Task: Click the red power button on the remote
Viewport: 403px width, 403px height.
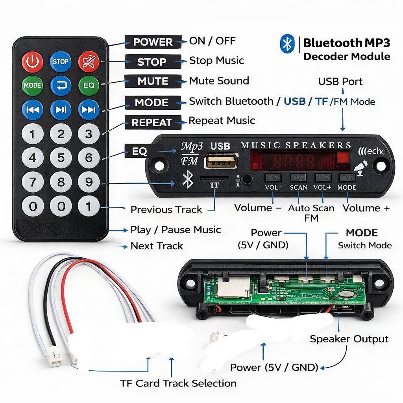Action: [x=32, y=62]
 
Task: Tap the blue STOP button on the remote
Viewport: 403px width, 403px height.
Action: [x=61, y=62]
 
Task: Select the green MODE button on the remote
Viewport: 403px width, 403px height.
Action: [x=32, y=85]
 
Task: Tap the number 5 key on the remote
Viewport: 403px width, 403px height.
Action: [x=61, y=158]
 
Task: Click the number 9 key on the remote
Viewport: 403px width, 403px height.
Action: [x=89, y=182]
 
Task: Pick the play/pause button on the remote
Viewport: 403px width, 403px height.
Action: [x=61, y=109]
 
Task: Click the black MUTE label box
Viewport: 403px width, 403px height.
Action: [x=153, y=81]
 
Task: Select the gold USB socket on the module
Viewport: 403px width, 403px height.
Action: [x=221, y=161]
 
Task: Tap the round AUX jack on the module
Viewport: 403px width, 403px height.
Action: [x=247, y=179]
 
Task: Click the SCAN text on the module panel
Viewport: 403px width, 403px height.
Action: [x=298, y=187]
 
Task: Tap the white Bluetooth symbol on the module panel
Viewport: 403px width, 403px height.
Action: [x=188, y=179]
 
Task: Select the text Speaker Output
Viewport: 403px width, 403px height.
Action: [x=349, y=339]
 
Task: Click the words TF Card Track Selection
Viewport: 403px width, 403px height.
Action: [x=178, y=383]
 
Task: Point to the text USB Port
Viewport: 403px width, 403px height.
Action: [x=340, y=81]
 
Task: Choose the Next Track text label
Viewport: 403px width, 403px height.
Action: [x=157, y=246]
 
